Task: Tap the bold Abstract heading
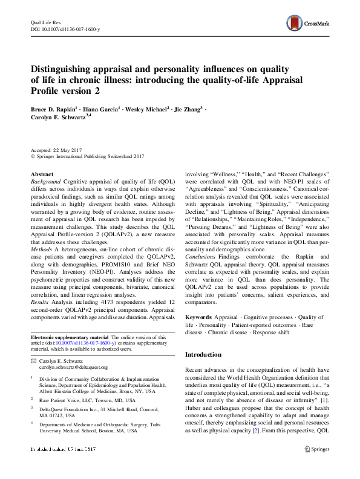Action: click(x=42, y=174)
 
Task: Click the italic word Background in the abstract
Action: click(x=45, y=181)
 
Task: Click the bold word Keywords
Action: click(x=198, y=317)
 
